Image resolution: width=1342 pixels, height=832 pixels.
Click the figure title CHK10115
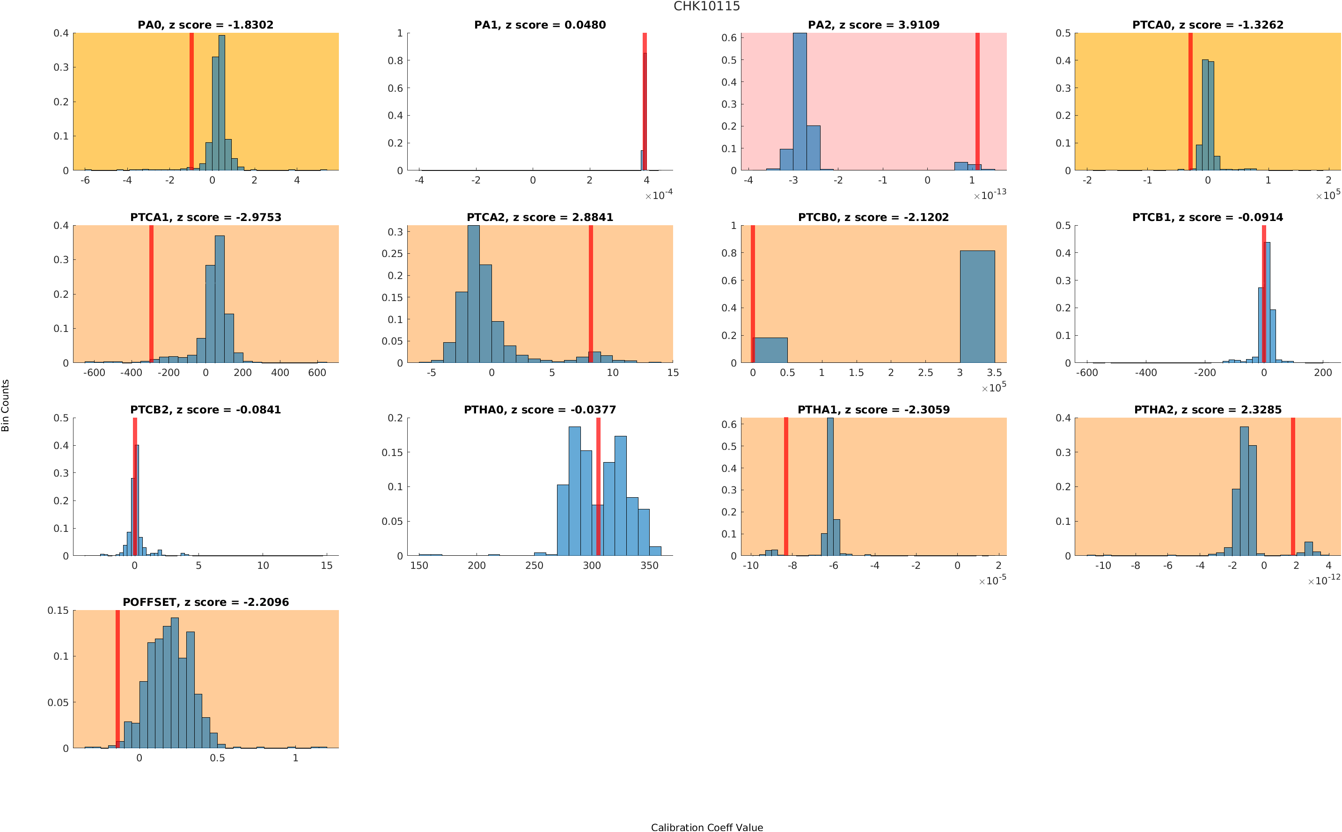tap(706, 6)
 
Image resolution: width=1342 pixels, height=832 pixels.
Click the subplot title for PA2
tap(873, 25)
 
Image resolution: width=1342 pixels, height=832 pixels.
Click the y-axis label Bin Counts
tap(6, 405)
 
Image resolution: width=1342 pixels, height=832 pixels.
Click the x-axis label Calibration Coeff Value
tap(706, 827)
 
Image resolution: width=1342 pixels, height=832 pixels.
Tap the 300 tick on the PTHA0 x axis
tap(592, 566)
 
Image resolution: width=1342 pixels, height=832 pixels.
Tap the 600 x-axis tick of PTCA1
tap(317, 373)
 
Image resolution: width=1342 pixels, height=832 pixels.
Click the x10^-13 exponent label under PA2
tap(990, 195)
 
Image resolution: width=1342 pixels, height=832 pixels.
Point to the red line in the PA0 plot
tap(191, 102)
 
